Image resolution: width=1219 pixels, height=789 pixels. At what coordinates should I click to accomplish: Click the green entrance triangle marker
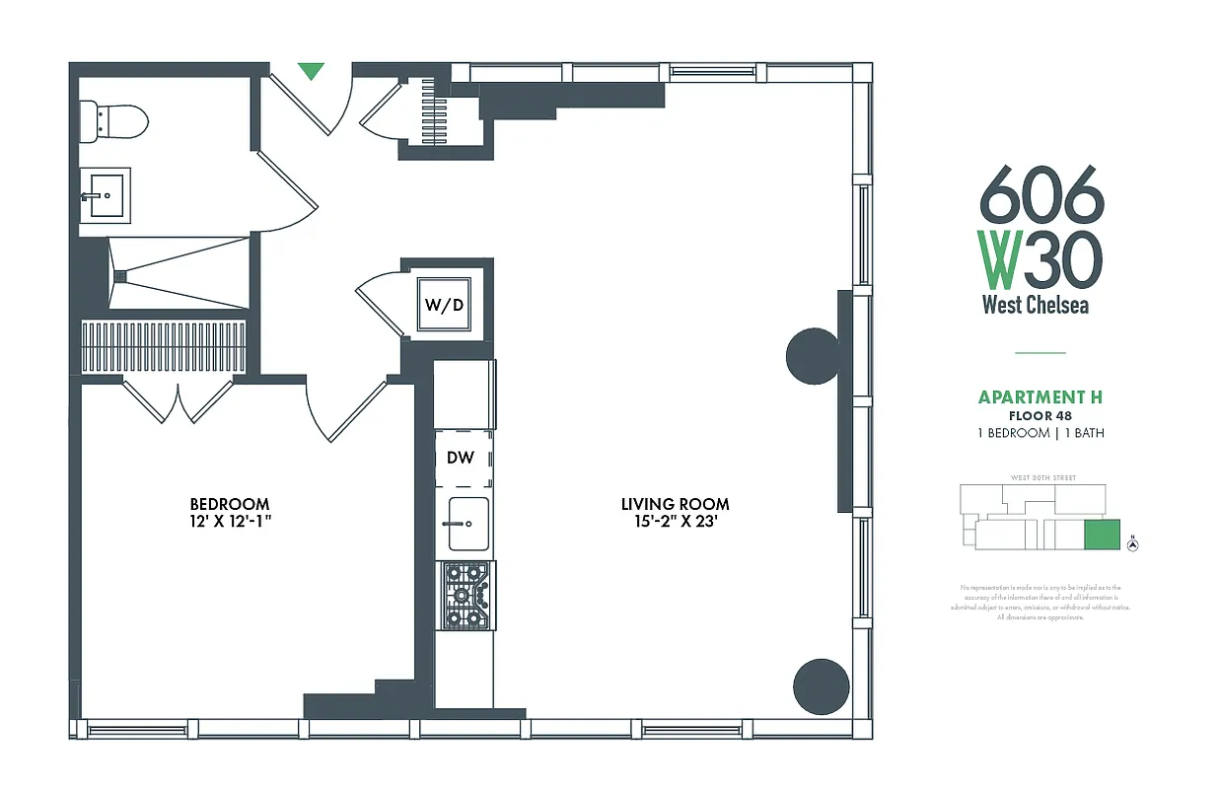pos(311,70)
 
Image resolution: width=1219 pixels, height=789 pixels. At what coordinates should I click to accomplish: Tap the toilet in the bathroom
pos(116,121)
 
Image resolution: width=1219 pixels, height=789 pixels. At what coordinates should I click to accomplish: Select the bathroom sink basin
pos(106,194)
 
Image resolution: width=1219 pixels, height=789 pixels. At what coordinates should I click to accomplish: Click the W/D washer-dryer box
pos(445,305)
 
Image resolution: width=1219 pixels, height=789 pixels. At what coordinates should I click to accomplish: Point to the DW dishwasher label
pos(461,458)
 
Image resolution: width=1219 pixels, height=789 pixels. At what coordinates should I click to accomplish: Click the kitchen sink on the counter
pos(467,523)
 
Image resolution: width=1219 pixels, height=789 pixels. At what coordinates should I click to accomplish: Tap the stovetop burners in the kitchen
pos(465,596)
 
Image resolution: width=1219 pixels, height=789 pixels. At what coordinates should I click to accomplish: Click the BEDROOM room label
pos(229,503)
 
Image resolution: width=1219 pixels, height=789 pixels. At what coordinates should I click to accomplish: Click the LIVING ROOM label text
pos(675,504)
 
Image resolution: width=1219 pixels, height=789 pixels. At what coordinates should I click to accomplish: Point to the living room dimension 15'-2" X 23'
pos(675,522)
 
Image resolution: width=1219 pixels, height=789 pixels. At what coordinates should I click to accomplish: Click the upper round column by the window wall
pos(812,355)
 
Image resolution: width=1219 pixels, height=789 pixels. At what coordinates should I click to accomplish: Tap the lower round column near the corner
pos(822,686)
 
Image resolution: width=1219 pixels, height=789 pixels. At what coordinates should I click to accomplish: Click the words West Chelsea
pos(1035,305)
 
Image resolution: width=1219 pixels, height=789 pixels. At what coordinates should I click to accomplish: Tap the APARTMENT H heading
pos(1040,397)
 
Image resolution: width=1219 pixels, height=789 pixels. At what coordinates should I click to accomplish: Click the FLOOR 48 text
pos(1040,416)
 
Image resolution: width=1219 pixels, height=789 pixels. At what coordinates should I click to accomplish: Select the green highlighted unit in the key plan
pos(1102,535)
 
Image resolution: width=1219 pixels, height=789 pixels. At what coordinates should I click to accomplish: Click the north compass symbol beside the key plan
pos(1132,543)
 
